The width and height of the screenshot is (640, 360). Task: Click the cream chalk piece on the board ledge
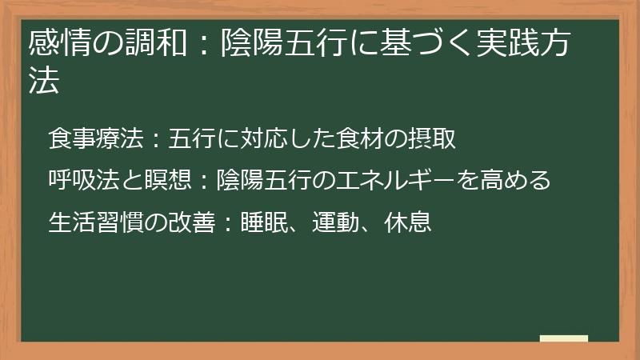[x=564, y=338]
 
